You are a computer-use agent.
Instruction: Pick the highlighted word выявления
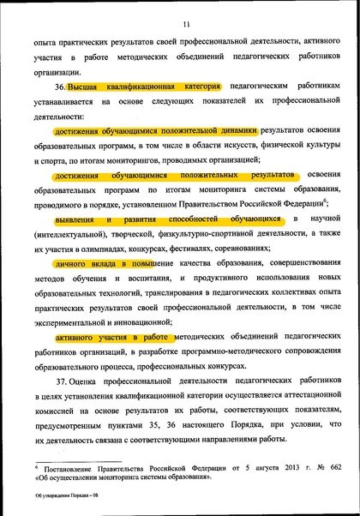[75, 220]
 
